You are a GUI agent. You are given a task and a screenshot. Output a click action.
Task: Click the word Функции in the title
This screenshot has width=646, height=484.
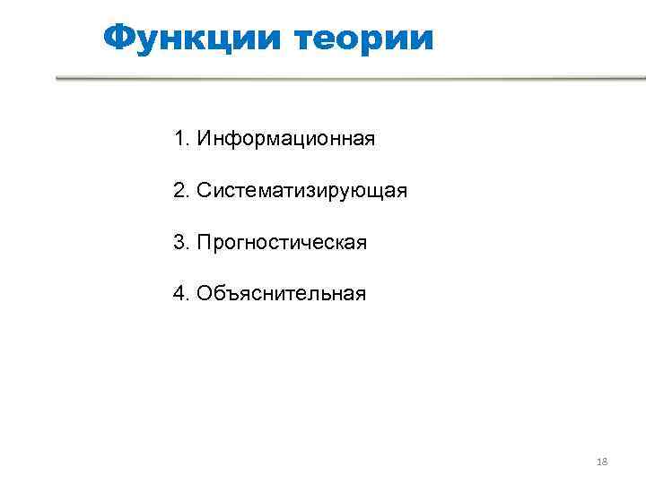click(192, 38)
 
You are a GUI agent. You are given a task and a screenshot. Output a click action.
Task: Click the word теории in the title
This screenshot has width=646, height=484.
click(363, 38)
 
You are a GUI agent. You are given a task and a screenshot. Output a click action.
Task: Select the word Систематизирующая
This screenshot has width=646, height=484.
click(302, 191)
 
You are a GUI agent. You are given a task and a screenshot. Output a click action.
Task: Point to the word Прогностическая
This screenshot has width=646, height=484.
click(282, 242)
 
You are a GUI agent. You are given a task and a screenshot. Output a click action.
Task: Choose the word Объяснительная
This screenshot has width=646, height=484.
click(282, 293)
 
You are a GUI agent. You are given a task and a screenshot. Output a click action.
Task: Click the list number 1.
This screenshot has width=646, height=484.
click(179, 139)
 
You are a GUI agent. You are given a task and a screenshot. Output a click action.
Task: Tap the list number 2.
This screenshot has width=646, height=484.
click(179, 191)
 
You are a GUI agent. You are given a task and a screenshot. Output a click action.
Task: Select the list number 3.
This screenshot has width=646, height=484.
click(179, 242)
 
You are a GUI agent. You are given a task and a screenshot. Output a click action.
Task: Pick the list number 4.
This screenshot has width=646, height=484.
click(179, 293)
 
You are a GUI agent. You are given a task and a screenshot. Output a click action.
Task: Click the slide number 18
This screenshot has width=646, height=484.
click(602, 462)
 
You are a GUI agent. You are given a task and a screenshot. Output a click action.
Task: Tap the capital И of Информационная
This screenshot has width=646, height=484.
click(204, 139)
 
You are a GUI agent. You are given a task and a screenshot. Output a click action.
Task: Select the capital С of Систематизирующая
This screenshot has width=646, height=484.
click(205, 191)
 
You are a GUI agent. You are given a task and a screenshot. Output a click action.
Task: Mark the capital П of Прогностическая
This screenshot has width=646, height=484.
click(204, 242)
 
